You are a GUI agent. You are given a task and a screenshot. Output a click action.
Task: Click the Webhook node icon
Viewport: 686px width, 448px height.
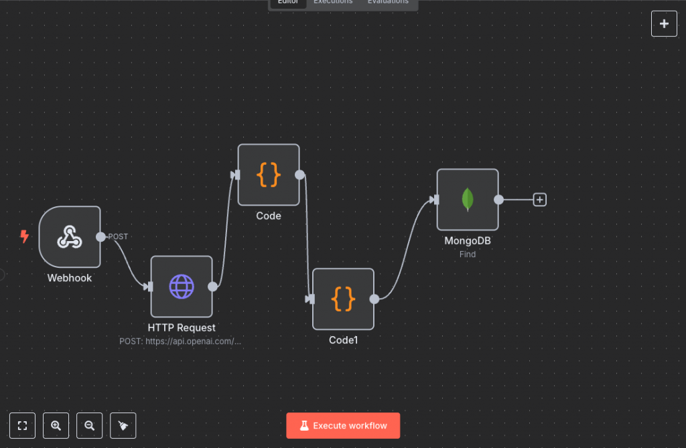70,236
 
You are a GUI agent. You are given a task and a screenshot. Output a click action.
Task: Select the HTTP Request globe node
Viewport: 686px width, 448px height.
182,286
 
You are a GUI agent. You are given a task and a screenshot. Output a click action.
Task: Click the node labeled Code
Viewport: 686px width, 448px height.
269,174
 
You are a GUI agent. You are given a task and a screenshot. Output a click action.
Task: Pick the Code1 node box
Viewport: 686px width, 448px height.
343,299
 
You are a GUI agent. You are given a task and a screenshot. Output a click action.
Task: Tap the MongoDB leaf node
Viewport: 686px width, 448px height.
468,200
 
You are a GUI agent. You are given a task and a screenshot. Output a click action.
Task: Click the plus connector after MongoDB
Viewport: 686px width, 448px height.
540,200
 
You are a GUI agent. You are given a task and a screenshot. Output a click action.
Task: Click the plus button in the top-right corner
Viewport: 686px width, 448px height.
664,23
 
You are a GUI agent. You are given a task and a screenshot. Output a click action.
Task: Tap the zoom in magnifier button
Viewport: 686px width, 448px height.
56,425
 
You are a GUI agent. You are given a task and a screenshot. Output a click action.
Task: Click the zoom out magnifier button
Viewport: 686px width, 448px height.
90,425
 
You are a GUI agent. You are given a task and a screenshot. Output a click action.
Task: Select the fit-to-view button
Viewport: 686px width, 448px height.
22,425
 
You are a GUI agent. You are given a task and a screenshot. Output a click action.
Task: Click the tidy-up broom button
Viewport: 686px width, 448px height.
123,425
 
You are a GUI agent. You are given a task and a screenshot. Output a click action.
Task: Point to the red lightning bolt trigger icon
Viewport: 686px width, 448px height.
25,236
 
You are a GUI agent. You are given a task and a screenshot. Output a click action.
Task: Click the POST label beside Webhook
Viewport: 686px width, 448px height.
118,236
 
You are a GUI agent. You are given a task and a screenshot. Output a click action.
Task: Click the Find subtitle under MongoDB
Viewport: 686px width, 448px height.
468,254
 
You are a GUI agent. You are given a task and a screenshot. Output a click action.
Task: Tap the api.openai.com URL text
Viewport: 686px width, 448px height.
181,341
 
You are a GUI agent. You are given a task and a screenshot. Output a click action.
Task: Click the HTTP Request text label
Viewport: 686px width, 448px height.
182,327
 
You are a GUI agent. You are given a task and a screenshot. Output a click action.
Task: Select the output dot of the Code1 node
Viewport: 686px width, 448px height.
374,299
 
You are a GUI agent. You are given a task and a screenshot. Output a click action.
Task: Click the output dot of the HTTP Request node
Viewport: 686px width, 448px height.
212,287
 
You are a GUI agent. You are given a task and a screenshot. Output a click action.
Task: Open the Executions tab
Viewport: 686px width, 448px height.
333,2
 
